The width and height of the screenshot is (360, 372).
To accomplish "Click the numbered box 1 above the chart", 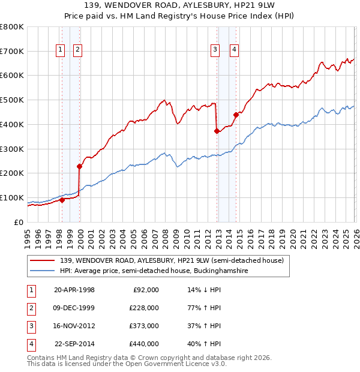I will point(61,50).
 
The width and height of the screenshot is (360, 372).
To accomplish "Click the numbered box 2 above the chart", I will point(78,50).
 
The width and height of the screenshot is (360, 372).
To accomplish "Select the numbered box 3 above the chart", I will point(215,50).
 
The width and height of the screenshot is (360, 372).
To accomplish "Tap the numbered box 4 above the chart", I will point(234,50).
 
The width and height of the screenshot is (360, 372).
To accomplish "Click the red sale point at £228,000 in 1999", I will point(79,166).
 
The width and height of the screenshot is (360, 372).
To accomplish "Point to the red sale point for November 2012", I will point(216,131).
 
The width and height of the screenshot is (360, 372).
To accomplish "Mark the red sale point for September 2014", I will point(236,115).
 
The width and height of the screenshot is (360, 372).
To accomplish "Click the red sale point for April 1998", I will point(62,200).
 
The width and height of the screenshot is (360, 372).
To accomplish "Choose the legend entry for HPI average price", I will point(154,271).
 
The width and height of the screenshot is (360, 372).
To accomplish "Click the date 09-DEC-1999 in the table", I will point(74,308).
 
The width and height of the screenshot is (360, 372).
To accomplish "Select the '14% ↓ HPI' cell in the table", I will point(204,290).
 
